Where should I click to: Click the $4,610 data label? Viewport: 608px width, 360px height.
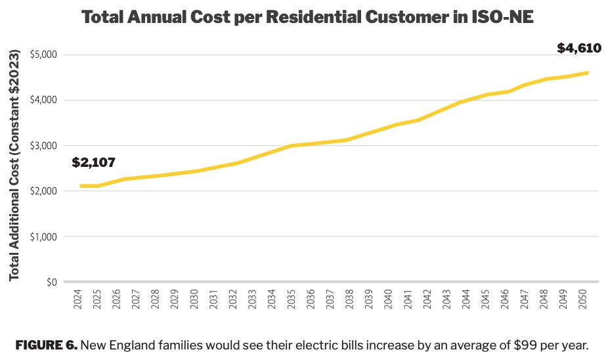(x=578, y=48)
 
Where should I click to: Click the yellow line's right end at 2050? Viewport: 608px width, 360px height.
(x=587, y=72)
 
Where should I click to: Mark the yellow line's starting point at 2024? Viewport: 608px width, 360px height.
(x=81, y=186)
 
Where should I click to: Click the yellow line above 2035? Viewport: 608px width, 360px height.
(x=292, y=146)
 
